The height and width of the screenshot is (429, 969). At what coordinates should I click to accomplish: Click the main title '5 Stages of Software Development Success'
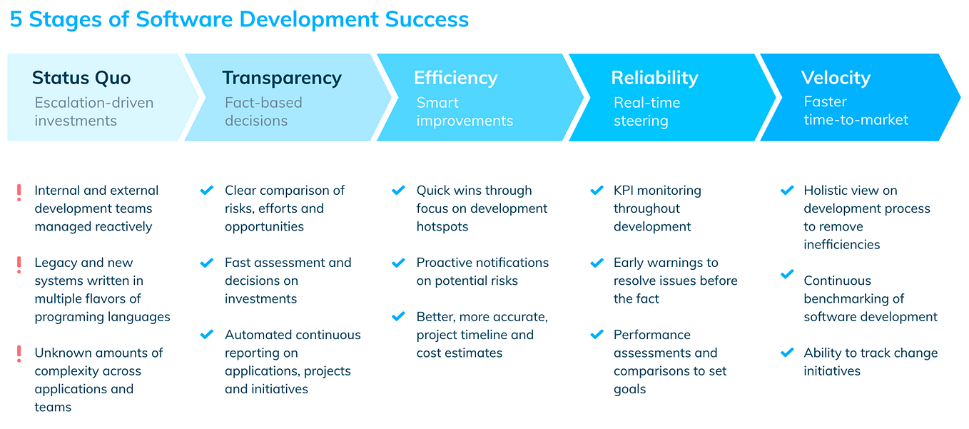[239, 19]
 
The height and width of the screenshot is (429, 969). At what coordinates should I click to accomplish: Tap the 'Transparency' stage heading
[282, 78]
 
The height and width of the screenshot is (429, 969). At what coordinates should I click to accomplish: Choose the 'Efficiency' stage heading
[455, 78]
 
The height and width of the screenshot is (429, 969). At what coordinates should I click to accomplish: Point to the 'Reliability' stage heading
[654, 78]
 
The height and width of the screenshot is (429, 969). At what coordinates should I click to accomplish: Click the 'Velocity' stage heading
[836, 78]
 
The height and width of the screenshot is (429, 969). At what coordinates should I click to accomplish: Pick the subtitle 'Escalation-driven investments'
[94, 111]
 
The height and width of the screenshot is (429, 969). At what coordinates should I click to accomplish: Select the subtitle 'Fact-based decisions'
[263, 111]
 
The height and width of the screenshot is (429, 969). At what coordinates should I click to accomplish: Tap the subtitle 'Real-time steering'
[646, 111]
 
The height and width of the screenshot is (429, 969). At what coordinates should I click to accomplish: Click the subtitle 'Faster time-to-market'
[856, 111]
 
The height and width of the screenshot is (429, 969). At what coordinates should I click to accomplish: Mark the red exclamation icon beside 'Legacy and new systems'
[19, 265]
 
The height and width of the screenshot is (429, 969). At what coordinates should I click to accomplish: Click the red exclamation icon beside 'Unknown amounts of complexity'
[19, 355]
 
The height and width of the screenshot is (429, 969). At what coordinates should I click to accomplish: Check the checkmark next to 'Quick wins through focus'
[398, 191]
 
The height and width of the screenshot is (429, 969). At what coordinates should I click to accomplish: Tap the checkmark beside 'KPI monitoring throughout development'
[597, 191]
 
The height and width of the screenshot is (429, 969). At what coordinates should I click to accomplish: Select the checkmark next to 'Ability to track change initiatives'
[787, 353]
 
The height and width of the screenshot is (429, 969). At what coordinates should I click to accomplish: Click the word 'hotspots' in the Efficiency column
[442, 226]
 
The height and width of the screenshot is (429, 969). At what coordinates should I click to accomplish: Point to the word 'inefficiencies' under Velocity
[841, 244]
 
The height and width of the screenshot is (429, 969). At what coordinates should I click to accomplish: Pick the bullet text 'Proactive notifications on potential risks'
[482, 271]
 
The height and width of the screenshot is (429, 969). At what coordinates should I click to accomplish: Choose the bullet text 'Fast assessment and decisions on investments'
[288, 281]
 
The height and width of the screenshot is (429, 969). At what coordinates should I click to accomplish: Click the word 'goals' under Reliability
[629, 389]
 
